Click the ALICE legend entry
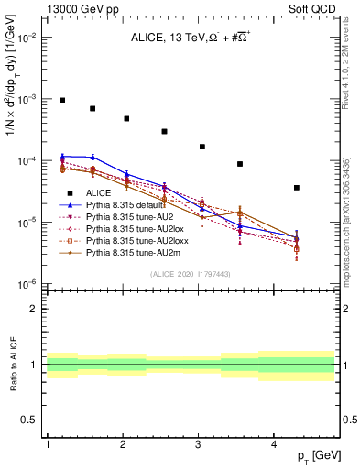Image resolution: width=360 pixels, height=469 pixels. [x=98, y=192]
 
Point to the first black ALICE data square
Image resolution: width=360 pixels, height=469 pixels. [x=62, y=100]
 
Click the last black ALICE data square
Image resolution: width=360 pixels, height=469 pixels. [x=297, y=188]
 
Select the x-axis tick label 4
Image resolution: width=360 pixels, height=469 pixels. [x=274, y=444]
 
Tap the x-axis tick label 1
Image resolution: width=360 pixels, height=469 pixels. [x=47, y=444]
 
